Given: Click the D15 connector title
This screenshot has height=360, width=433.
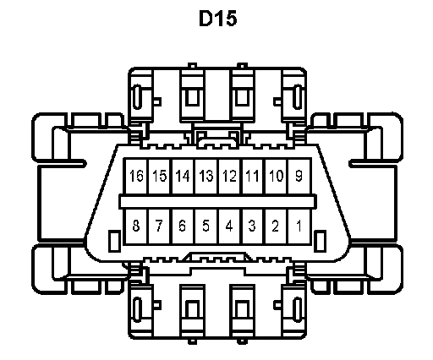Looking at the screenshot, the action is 217,19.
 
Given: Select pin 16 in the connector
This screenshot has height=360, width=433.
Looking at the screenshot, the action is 136,177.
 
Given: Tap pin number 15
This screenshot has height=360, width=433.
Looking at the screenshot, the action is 160,177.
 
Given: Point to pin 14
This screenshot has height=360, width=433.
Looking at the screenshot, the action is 183,177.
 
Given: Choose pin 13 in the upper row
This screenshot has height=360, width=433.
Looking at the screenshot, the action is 206,177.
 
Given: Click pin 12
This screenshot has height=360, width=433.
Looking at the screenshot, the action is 229,177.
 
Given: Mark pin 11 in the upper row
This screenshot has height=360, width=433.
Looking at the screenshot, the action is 253,177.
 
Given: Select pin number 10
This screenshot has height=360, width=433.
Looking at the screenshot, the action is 277,177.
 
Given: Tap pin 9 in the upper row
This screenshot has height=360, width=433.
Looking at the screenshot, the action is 299,177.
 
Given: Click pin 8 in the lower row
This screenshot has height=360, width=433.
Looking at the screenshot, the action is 136,226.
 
